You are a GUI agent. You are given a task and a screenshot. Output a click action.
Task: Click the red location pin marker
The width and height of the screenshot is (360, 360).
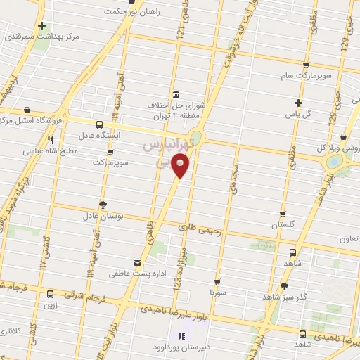click(x=181, y=167)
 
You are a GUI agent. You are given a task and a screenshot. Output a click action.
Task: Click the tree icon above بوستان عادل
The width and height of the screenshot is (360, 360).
click(x=103, y=205)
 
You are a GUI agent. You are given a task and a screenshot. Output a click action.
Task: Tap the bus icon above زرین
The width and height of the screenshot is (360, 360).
click(x=49, y=295)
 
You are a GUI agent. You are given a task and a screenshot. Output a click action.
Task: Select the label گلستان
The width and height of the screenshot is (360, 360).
click(x=283, y=225)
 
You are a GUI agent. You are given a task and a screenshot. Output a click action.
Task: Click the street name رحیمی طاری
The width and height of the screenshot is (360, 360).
click(x=200, y=228)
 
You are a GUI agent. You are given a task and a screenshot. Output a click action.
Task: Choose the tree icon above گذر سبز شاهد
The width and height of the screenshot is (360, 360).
click(x=284, y=286)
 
